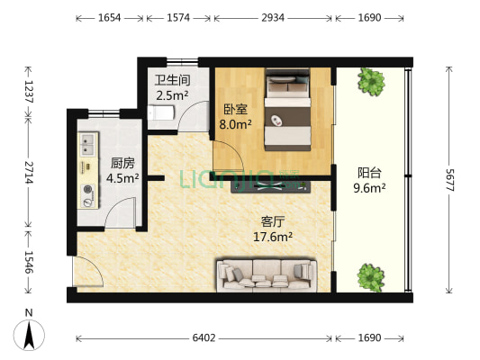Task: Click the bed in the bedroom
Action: [x=288, y=112]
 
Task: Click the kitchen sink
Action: [x=88, y=143]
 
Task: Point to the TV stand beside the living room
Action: [x=271, y=186]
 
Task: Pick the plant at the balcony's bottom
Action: [x=368, y=274]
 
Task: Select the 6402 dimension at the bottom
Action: [x=204, y=338]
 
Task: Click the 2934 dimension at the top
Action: [x=274, y=17]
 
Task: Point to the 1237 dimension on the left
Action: [x=28, y=91]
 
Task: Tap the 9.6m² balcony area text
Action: [x=370, y=189]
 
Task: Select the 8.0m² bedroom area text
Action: [x=235, y=125]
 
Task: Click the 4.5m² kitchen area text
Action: [x=122, y=178]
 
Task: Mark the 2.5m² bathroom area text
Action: [x=170, y=94]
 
